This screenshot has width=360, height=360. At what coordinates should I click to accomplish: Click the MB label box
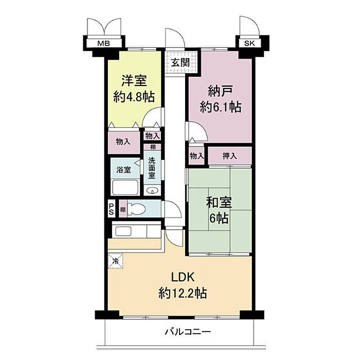[x=104, y=43]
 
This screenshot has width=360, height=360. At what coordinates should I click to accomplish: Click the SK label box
[x=249, y=43]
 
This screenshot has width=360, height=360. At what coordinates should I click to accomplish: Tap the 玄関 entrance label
[x=181, y=62]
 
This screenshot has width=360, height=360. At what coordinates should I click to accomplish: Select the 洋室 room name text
[x=134, y=81]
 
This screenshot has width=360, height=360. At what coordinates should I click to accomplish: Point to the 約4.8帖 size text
[x=134, y=97]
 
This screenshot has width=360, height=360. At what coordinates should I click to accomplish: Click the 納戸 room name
[x=220, y=91]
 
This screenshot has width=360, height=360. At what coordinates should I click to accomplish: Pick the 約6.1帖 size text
[x=221, y=107]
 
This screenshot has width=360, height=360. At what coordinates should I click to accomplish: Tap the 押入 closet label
[x=229, y=156]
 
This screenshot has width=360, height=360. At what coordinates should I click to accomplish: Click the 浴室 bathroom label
[x=123, y=170]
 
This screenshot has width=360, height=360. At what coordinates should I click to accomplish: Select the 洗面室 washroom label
[x=152, y=168]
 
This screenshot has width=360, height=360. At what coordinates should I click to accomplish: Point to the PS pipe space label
[x=112, y=209]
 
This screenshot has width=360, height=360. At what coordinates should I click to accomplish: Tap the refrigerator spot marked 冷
[x=116, y=261]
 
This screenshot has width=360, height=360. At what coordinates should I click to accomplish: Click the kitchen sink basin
[x=123, y=231]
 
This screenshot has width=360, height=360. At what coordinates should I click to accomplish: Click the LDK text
[x=183, y=277]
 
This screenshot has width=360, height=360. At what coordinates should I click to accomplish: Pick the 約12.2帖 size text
[x=183, y=293]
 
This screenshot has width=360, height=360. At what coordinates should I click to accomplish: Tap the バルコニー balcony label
[x=188, y=332]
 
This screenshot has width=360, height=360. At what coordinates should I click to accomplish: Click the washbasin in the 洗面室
[x=152, y=190]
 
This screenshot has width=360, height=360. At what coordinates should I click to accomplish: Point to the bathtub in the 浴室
[x=124, y=188]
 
